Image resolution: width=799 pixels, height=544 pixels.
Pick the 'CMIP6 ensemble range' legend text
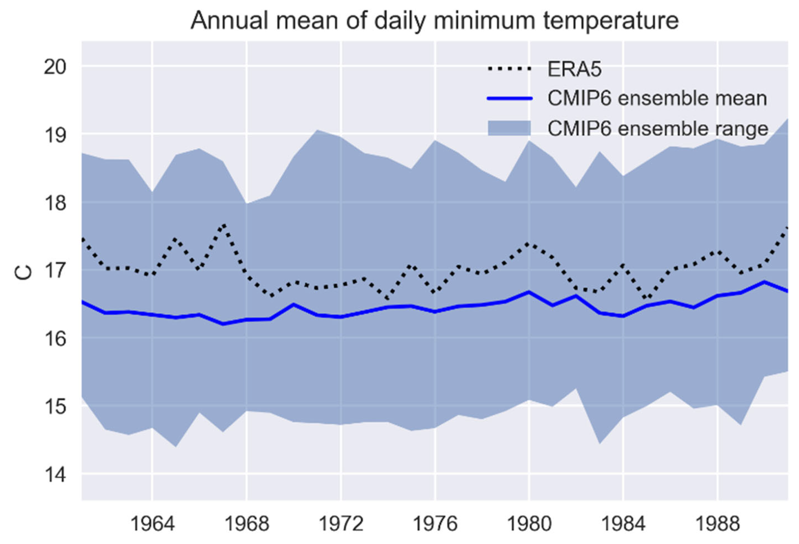(658, 129)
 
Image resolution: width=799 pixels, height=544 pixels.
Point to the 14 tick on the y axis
(55, 475)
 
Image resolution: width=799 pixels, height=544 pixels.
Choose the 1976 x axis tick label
(435, 524)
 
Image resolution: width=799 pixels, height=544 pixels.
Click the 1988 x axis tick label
(718, 524)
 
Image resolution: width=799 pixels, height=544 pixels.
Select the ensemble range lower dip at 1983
(600, 443)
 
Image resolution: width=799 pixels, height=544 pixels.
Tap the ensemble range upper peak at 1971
(317, 130)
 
